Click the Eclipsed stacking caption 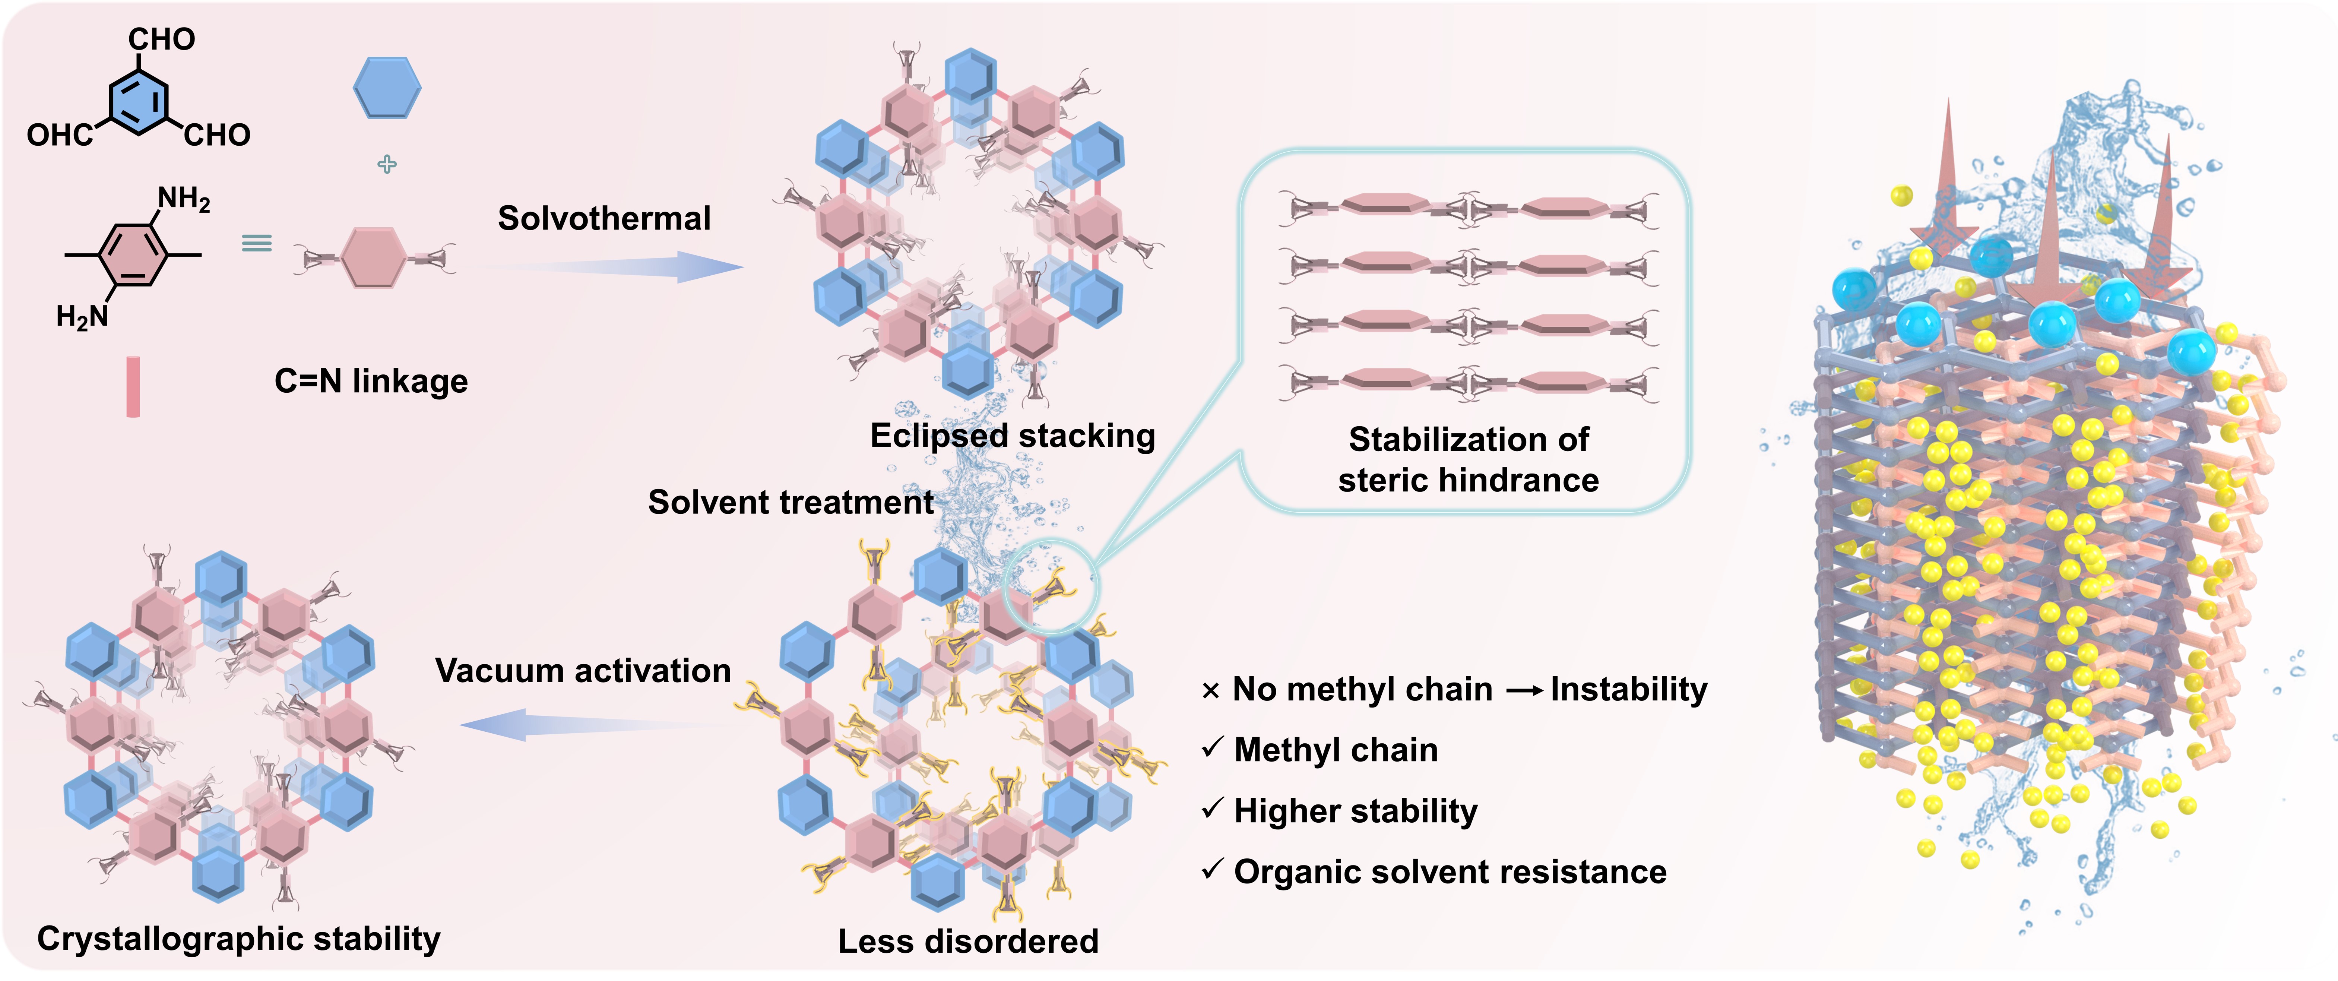pyautogui.click(x=1012, y=436)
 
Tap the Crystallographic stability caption pyautogui.click(x=239, y=939)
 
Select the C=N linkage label pyautogui.click(x=371, y=381)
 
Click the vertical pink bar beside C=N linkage pyautogui.click(x=133, y=387)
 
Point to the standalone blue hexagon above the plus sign pyautogui.click(x=387, y=88)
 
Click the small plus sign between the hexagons pyautogui.click(x=387, y=164)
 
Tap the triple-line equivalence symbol pyautogui.click(x=257, y=243)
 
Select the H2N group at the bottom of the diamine pyautogui.click(x=82, y=317)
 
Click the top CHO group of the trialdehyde pyautogui.click(x=162, y=39)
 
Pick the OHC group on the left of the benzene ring pyautogui.click(x=59, y=135)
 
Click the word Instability pyautogui.click(x=1628, y=690)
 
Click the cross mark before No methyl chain pyautogui.click(x=1210, y=692)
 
